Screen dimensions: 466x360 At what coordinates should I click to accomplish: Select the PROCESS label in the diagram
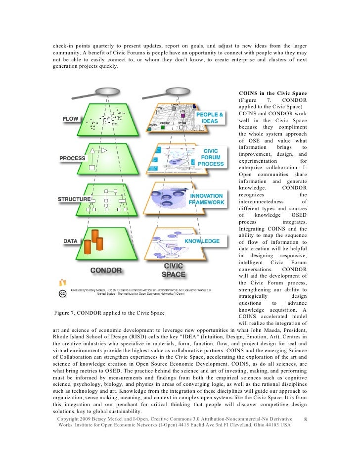pyautogui.click(x=73, y=158)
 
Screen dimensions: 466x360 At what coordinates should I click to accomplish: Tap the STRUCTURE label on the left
pyautogui.click(x=75, y=199)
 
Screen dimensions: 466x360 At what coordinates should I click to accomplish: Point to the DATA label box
pyautogui.click(x=70, y=241)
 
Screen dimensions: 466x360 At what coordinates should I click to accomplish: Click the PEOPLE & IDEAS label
pyautogui.click(x=210, y=118)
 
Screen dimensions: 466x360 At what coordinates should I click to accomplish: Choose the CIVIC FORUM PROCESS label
pyautogui.click(x=212, y=156)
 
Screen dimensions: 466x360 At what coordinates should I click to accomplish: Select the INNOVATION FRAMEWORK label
pyautogui.click(x=207, y=199)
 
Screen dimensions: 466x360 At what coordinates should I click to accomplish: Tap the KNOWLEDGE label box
pyautogui.click(x=202, y=241)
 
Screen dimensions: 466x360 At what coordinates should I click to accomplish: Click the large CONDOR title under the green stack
pyautogui.click(x=106, y=271)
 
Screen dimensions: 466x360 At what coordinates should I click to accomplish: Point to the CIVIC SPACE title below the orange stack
pyautogui.click(x=174, y=270)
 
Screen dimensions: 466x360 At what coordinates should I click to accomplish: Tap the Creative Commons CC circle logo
pyautogui.click(x=63, y=293)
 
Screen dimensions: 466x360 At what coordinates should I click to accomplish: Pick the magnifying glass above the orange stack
pyautogui.click(x=176, y=92)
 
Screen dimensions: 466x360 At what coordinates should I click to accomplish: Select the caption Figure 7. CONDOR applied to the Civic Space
pyautogui.click(x=108, y=313)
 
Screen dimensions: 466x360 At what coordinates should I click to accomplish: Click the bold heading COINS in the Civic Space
pyautogui.click(x=272, y=93)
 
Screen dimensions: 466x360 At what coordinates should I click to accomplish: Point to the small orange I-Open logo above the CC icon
pyautogui.click(x=62, y=282)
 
